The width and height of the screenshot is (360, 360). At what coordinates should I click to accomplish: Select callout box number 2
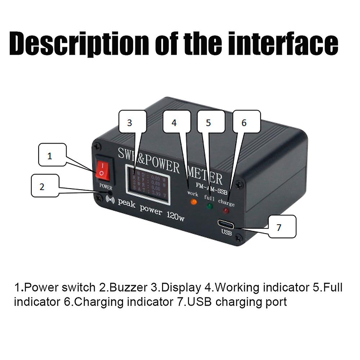[x=45, y=186]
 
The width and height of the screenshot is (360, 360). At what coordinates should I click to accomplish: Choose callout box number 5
[x=211, y=123]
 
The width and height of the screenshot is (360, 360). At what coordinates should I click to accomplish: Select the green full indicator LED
[x=210, y=207]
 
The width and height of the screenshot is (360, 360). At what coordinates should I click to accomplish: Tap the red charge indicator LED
[x=226, y=211]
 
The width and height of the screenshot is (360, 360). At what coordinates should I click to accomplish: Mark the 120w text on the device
[x=175, y=217]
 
